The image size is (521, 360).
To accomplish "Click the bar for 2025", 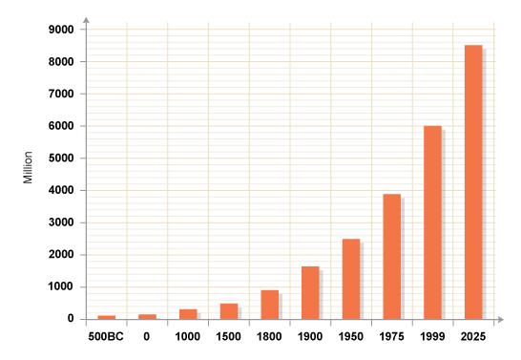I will coord(473,181).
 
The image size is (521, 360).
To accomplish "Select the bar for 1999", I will coord(432,222).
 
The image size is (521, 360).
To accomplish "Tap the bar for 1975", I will coord(391,256).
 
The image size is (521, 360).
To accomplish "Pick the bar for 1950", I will coord(351,279).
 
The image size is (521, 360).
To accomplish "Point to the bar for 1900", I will coord(310,292).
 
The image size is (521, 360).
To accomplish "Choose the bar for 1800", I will coord(269,305).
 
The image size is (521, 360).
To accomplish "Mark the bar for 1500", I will coord(229,311).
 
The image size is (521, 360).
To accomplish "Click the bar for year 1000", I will coord(188,314).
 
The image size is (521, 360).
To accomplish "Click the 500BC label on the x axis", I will coord(105,336).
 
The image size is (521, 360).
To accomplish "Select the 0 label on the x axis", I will coord(147,336).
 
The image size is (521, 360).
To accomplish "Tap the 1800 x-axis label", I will coord(269,336).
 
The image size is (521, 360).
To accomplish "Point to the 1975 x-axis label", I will coord(391,336).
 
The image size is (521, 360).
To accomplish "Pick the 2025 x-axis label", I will coord(473,336).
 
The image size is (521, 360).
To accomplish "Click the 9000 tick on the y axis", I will coord(61,30).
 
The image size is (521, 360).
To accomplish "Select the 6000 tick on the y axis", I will coord(61,126).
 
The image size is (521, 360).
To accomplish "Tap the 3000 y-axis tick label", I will coord(61,222).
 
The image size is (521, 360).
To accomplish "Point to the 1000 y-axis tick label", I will coord(61,286).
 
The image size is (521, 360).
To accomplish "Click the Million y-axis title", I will coord(29,167).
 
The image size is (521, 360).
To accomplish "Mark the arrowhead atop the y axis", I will coord(86,18).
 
